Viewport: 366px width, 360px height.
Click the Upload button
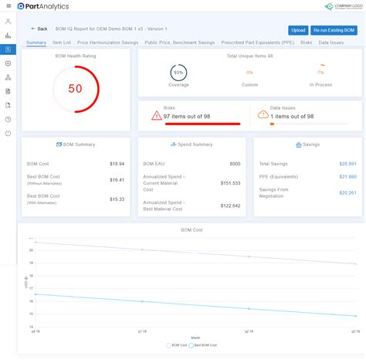(x=298, y=30)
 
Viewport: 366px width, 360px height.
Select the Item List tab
(x=62, y=42)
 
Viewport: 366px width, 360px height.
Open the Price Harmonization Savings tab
(x=107, y=42)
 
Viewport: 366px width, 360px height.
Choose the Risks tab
(x=307, y=42)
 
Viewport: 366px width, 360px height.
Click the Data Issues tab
(x=331, y=42)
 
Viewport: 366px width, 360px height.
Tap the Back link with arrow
(x=39, y=29)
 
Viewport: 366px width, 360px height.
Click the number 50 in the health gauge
(x=76, y=89)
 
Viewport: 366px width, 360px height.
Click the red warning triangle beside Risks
(x=157, y=115)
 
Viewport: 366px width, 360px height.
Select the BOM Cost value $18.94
(x=117, y=164)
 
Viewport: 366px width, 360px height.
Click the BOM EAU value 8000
(x=235, y=164)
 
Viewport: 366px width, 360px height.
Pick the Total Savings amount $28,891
(x=347, y=164)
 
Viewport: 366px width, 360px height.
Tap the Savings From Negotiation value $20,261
(x=347, y=192)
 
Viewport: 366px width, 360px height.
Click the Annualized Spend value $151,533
(x=230, y=183)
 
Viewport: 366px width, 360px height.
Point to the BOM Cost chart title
(x=191, y=231)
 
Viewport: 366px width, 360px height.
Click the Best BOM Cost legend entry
(x=203, y=345)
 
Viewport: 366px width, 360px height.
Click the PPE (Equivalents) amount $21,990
(x=347, y=177)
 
